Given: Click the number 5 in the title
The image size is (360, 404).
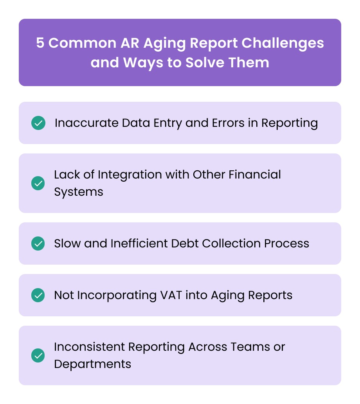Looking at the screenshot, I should coord(40,43).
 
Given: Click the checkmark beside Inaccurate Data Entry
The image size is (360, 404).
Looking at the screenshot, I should coord(38,123).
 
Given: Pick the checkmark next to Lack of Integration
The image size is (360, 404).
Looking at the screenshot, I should coord(38,183).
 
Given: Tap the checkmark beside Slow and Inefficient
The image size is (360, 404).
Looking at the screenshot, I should coord(38,243).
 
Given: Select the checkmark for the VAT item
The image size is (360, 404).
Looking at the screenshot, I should coord(38,295).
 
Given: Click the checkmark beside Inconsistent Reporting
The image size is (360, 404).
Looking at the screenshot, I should coord(38,355).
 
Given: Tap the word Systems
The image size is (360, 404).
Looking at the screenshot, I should coord(79,192).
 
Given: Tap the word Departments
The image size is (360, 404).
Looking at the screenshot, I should coord(93,364).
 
